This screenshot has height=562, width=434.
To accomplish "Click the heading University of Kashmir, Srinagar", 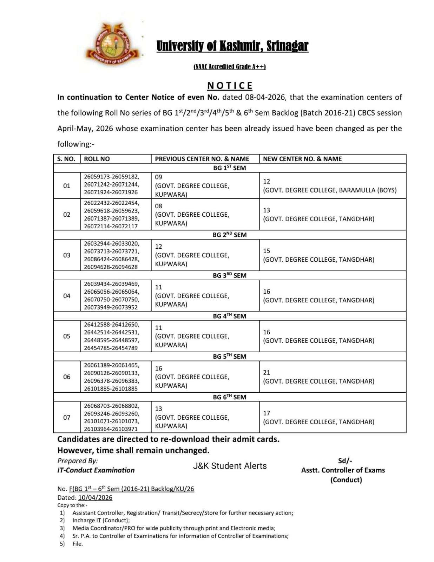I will point(232,46).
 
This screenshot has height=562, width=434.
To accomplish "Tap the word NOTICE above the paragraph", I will point(230,86).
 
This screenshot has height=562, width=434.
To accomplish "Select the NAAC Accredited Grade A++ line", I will point(230,67).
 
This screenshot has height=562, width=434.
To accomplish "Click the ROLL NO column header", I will point(97,159).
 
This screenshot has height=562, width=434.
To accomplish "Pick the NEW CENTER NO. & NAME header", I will point(302,159).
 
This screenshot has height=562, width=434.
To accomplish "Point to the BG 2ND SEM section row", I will point(230,235).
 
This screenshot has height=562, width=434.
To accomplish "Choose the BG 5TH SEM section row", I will point(230,357).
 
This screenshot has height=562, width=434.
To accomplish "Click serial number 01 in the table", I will point(67,185).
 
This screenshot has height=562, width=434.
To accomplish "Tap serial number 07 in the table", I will point(67,417).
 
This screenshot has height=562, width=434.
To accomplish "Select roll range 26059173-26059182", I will point(111,177).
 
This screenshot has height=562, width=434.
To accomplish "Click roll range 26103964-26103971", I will point(111,429).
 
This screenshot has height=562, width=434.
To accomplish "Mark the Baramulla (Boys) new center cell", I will point(330,190).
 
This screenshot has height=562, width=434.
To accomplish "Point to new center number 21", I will point(267,372).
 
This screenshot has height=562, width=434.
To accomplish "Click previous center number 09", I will point(159,177).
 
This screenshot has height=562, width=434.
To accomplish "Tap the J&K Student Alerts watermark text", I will point(230,466).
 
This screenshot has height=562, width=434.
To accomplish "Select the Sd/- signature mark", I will point(345,461).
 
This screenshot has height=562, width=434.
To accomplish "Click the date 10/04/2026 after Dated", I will point(95,497).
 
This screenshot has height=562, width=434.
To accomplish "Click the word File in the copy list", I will point(78,544).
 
